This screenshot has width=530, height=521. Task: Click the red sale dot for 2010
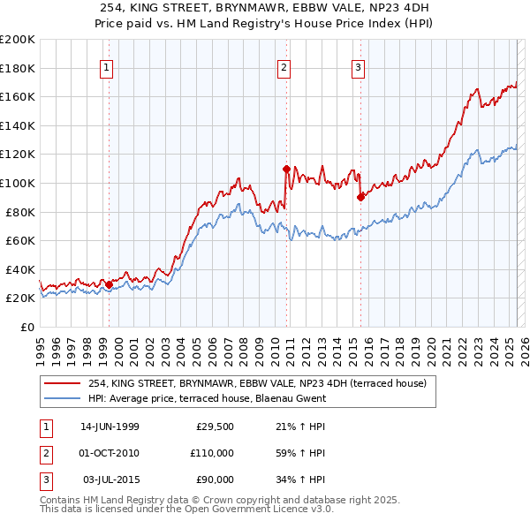coord(287,168)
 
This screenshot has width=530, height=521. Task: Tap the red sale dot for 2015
coord(360,197)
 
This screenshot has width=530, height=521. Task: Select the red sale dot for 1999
coord(109,284)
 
